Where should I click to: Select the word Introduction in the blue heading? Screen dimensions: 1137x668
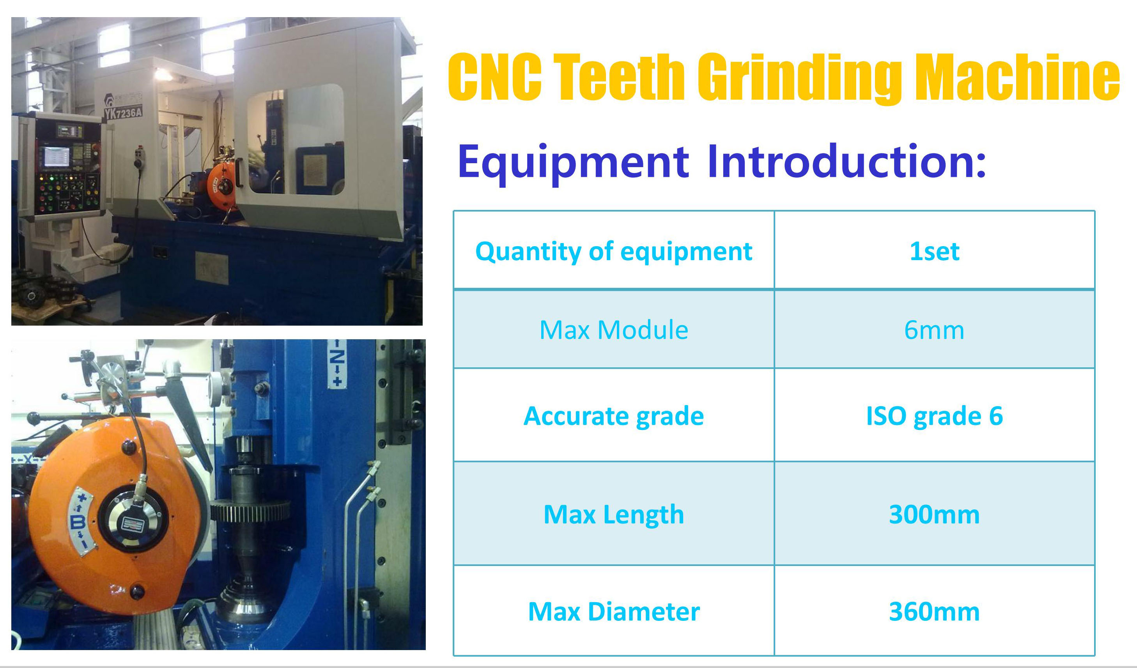pyautogui.click(x=847, y=161)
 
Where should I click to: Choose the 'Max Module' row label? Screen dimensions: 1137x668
pyautogui.click(x=614, y=330)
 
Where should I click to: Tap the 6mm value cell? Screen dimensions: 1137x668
pyautogui.click(x=934, y=330)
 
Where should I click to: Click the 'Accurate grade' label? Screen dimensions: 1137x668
pyautogui.click(x=614, y=416)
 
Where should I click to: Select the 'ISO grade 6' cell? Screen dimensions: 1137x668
pyautogui.click(x=934, y=416)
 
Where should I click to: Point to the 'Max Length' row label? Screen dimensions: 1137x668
pyautogui.click(x=614, y=514)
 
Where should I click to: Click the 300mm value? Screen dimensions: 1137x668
pyautogui.click(x=934, y=514)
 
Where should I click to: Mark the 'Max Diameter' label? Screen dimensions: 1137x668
pyautogui.click(x=614, y=612)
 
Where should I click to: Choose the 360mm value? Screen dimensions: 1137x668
pyautogui.click(x=934, y=612)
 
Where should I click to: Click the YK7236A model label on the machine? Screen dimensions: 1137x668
pyautogui.click(x=123, y=113)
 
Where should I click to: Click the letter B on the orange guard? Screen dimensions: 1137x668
pyautogui.click(x=78, y=522)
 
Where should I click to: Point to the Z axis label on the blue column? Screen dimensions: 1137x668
pyautogui.click(x=337, y=363)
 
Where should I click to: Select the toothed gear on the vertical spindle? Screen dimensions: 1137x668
pyautogui.click(x=250, y=511)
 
